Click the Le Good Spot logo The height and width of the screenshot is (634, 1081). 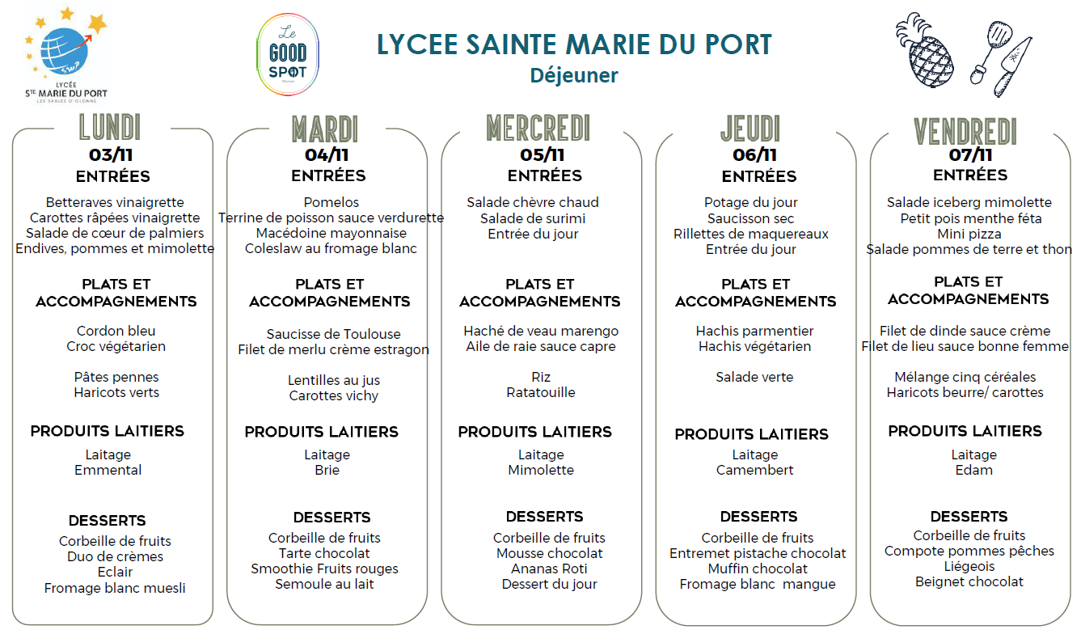[x=287, y=54]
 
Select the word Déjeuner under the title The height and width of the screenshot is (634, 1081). [x=574, y=75]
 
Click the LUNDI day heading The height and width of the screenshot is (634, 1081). [x=111, y=128]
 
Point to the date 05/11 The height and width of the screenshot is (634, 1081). [x=542, y=154]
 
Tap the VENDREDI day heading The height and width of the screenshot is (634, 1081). [x=965, y=131]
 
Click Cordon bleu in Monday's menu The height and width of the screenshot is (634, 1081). [x=116, y=331]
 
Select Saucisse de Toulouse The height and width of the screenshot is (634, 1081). [x=333, y=334]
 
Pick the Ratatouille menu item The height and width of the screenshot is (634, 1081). [x=541, y=392]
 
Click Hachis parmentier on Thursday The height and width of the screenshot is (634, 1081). [x=754, y=331]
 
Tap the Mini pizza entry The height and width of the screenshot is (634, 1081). [x=970, y=234]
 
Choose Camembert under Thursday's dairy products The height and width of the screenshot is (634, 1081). [x=754, y=470]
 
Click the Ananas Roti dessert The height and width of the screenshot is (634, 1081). [x=549, y=568]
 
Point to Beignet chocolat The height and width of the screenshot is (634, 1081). [x=969, y=581]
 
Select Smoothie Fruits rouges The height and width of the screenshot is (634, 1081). [x=324, y=568]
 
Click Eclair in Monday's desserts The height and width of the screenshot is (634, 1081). [x=115, y=572]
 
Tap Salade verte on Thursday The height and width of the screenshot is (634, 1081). [x=754, y=377]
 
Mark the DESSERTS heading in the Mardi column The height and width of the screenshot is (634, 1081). [x=331, y=518]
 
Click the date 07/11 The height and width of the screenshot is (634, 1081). [x=971, y=154]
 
